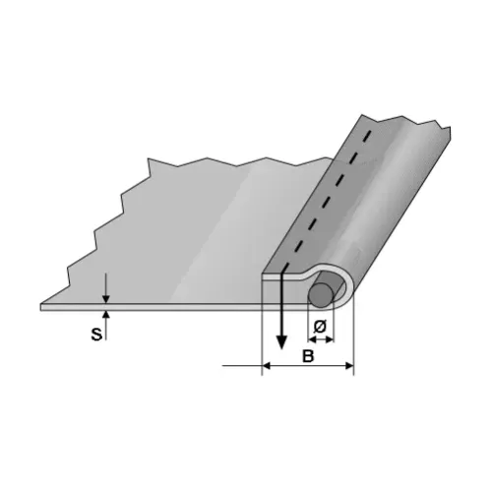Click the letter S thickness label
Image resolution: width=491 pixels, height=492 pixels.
pos(96,334)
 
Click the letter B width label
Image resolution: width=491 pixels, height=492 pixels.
pos(307,354)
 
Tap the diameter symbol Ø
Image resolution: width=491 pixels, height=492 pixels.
pos(319,326)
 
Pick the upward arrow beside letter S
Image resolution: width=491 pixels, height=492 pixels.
pos(106,318)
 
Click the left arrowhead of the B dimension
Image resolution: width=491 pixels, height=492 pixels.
pos(267,366)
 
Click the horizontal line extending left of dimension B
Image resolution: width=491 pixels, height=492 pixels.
pos(241,366)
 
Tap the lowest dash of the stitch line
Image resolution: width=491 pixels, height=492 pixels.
pos(286,262)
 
